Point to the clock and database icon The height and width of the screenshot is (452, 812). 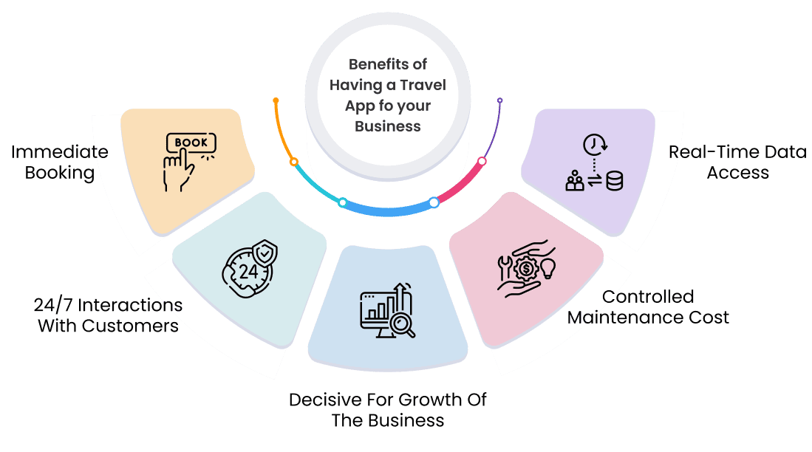(593, 163)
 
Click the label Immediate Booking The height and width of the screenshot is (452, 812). (59, 162)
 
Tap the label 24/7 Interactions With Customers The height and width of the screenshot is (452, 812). (108, 315)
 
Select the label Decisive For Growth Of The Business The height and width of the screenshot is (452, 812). (387, 410)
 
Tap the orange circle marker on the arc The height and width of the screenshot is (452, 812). (294, 161)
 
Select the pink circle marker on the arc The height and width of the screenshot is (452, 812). (482, 161)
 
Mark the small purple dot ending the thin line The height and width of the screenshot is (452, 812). (500, 100)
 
